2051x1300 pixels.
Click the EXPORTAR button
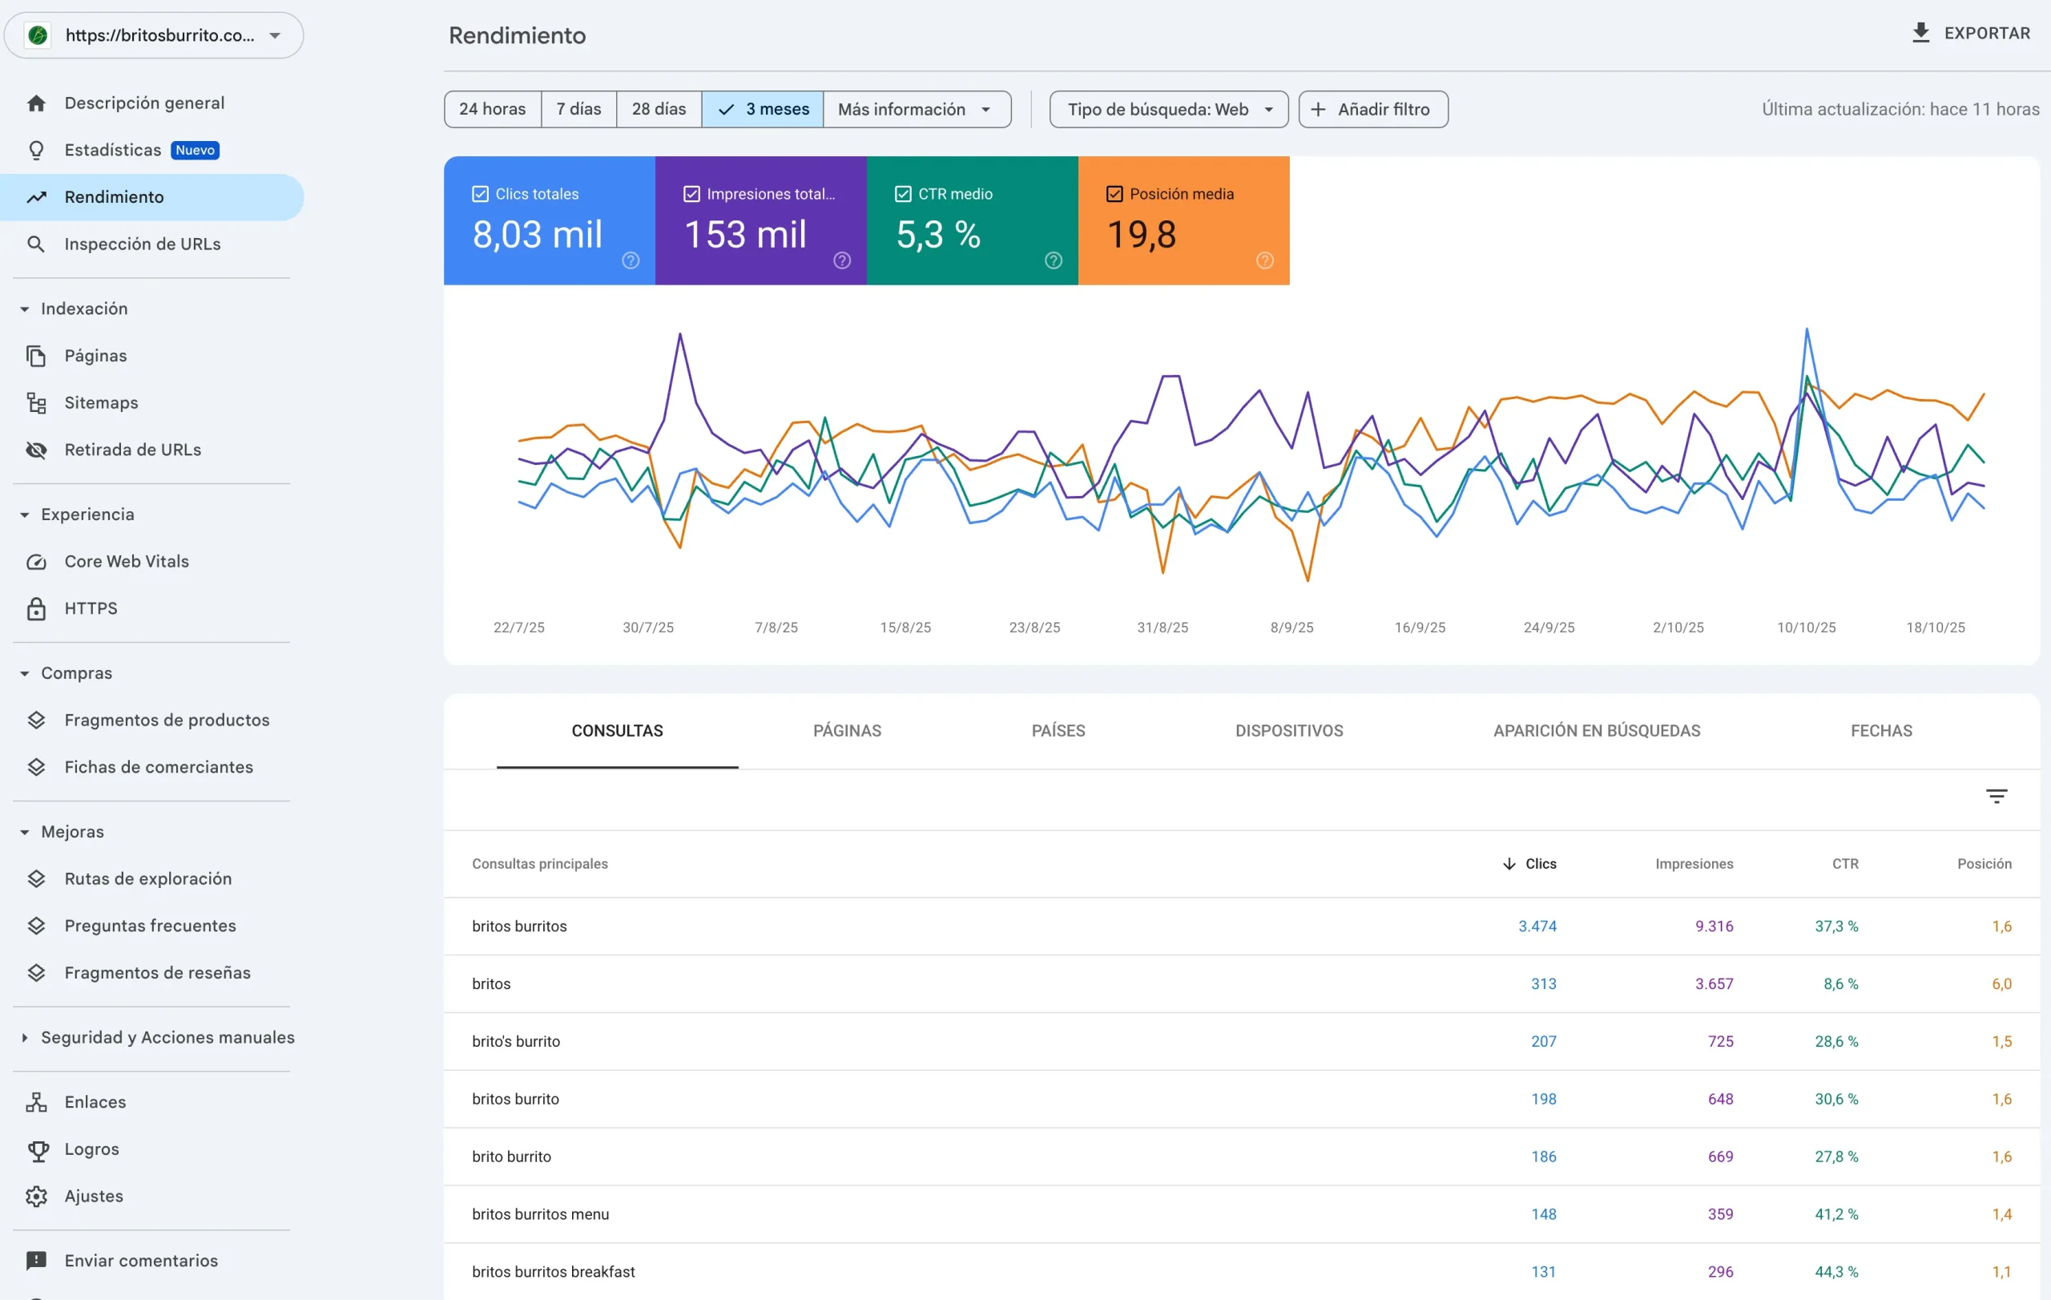(1970, 33)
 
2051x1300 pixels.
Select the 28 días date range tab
(659, 109)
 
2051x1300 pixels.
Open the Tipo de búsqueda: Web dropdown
(1168, 109)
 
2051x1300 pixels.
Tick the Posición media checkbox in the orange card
(1114, 194)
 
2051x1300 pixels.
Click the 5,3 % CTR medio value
(937, 234)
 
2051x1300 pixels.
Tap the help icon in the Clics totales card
(631, 260)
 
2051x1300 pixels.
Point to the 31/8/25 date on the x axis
(1162, 627)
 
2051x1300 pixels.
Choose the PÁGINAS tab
(847, 730)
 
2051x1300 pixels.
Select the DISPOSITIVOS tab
(1289, 730)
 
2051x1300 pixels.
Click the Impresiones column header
(1693, 863)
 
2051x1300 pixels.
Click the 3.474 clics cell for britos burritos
(1537, 926)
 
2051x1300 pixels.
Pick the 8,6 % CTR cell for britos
(1839, 983)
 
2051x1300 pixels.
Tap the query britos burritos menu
(540, 1213)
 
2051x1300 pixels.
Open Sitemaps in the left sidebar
(100, 402)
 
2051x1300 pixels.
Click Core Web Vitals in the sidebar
(126, 560)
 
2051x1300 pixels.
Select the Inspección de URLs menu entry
(143, 244)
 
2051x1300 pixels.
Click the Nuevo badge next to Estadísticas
(195, 150)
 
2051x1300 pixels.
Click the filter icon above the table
(1996, 796)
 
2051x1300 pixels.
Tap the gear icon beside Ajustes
(36, 1196)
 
